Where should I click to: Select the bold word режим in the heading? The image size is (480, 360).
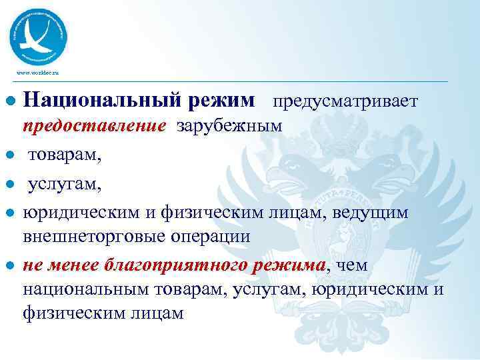coord(223,101)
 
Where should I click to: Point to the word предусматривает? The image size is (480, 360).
coord(345,101)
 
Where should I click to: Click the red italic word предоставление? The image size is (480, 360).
coord(94,127)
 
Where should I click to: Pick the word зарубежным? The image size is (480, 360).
coord(229,127)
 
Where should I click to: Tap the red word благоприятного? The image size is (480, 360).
coord(173,266)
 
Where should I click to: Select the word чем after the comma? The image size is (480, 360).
coord(354,266)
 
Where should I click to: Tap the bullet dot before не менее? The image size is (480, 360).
coord(10,266)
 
